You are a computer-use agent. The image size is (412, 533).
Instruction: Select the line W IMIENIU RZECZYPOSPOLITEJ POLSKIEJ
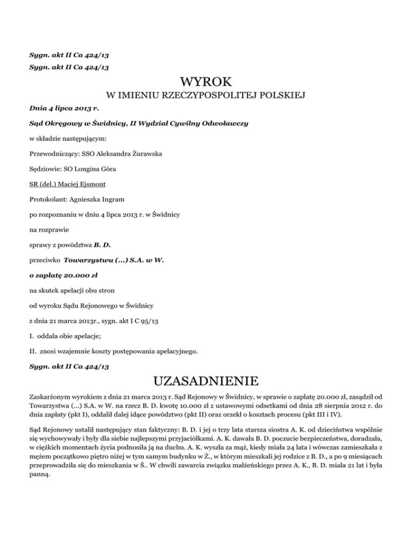(x=206, y=96)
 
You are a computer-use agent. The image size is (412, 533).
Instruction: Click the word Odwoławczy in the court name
(x=225, y=123)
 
